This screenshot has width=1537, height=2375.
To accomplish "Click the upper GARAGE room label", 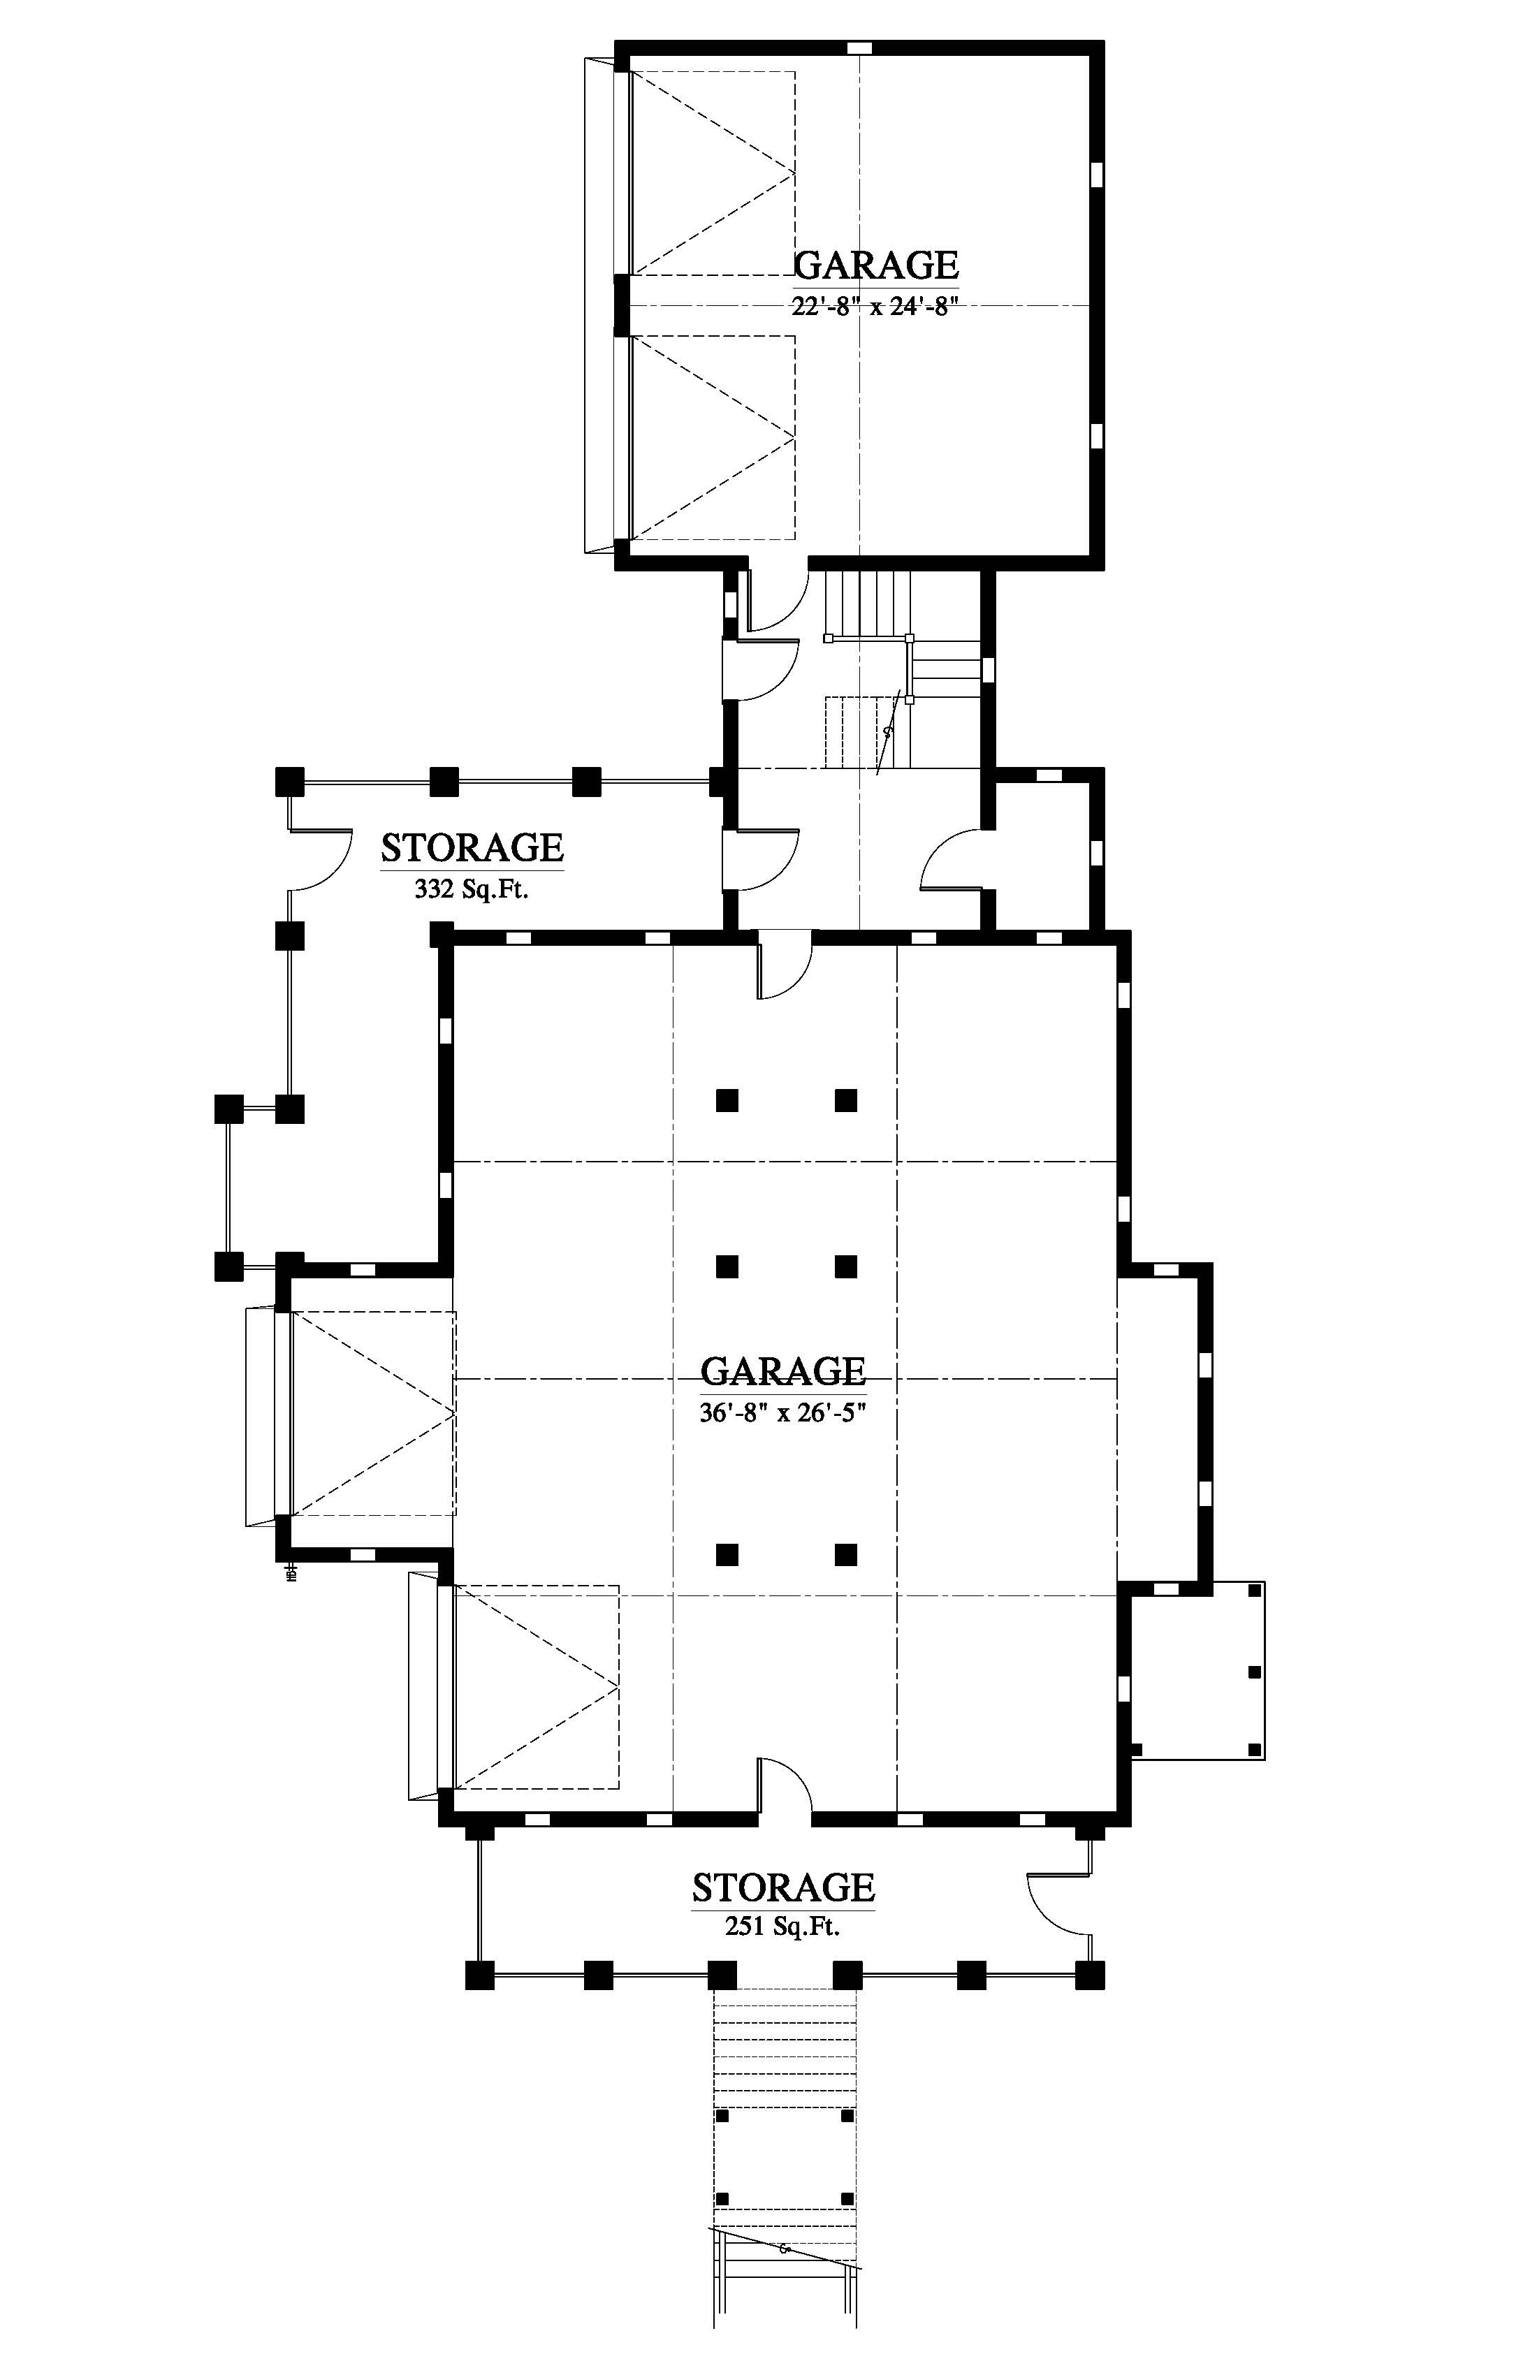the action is coord(876,265).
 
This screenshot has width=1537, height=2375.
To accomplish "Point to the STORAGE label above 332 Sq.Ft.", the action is coord(472,847).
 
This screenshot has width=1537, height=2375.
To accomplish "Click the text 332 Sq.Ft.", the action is coord(471,889).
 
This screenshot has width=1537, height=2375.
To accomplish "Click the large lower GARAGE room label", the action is coord(782,1371).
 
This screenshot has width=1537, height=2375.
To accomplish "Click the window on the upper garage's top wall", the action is coord(859,48).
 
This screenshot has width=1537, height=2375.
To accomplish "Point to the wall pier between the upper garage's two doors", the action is coord(622,305).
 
